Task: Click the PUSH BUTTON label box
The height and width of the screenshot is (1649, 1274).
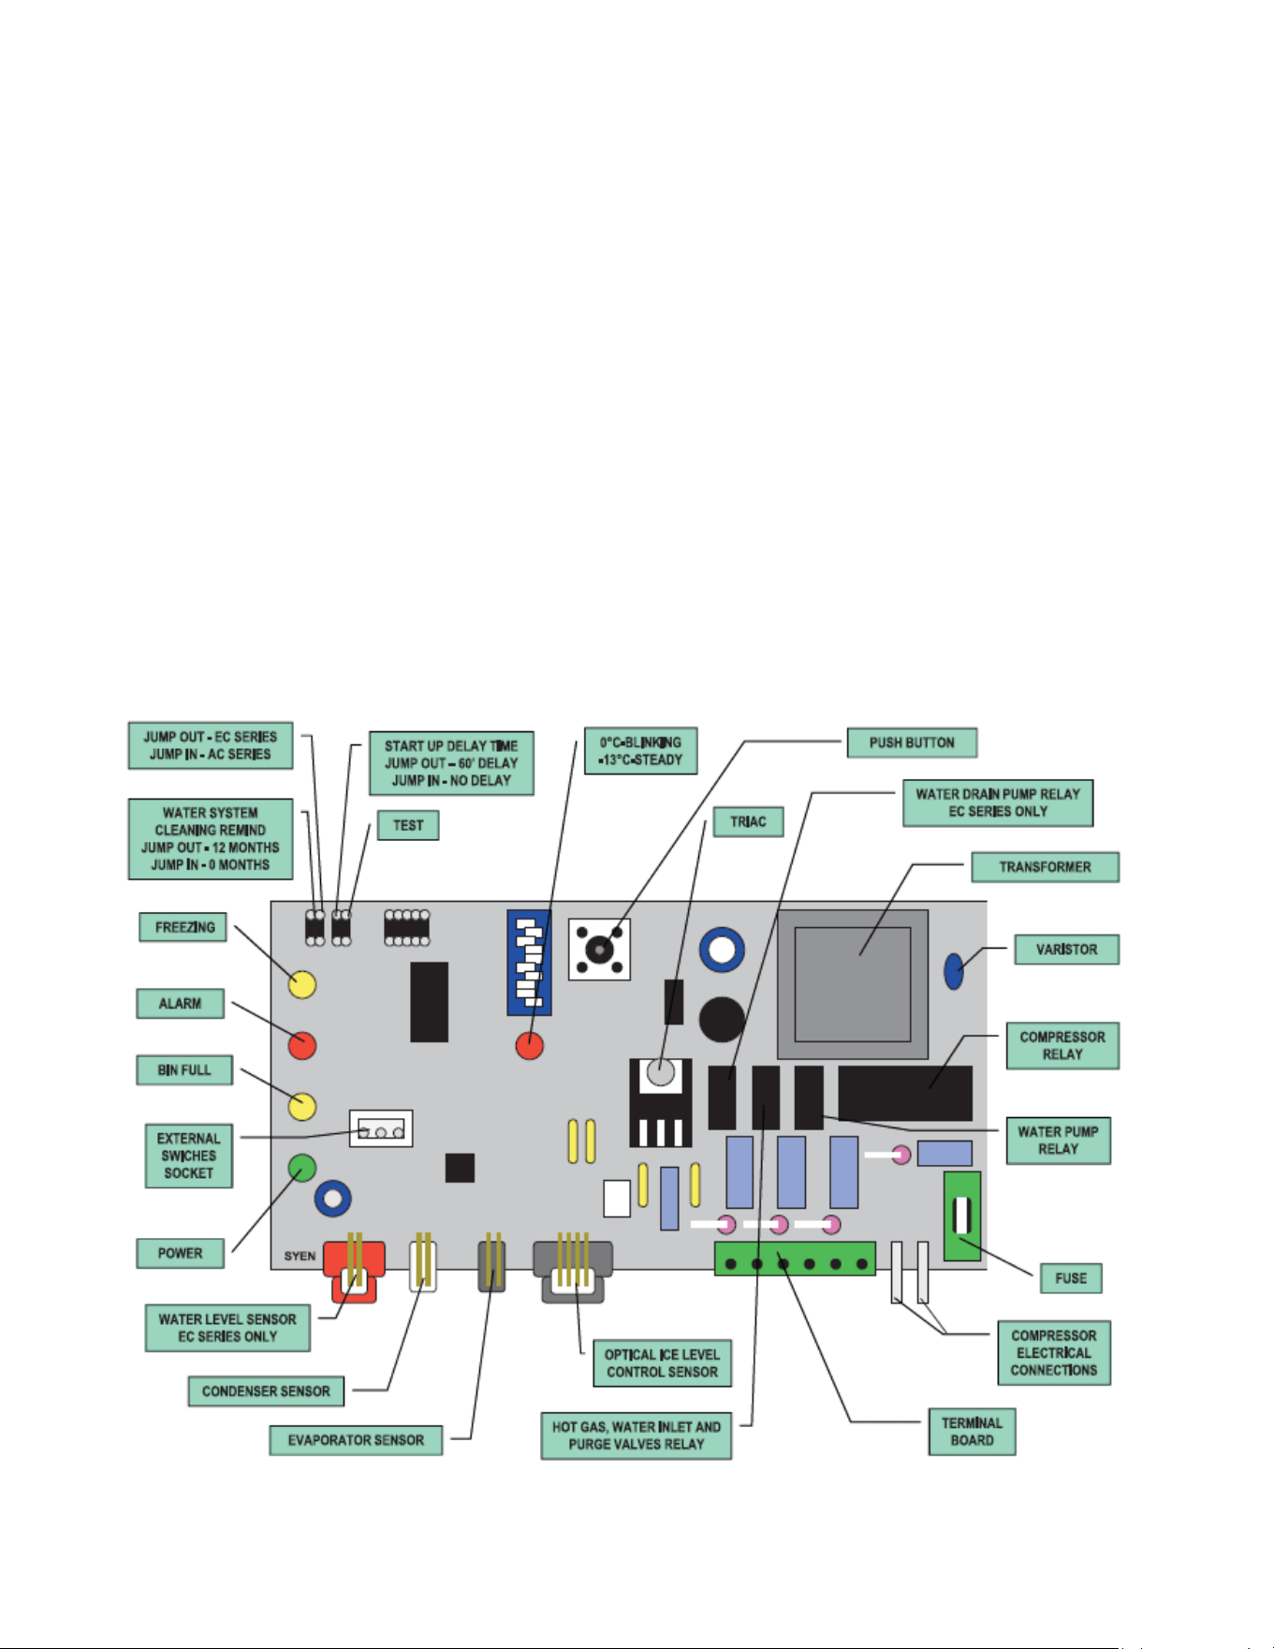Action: (x=912, y=743)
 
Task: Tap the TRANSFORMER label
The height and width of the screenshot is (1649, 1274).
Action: (x=1045, y=867)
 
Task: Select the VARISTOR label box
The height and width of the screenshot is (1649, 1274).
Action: (x=1067, y=950)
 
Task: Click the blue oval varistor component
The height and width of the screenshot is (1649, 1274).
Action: (x=954, y=971)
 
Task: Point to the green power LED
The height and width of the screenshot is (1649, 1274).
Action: (x=301, y=1168)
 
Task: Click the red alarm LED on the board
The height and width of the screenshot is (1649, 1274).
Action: (x=301, y=1045)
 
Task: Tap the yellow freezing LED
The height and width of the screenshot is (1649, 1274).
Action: (x=301, y=984)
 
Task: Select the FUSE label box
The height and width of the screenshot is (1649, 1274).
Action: (x=1071, y=1278)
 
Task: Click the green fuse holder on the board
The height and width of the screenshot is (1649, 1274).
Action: (x=962, y=1215)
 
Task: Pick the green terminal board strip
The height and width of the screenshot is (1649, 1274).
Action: (x=795, y=1259)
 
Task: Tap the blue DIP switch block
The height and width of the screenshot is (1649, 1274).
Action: (x=529, y=963)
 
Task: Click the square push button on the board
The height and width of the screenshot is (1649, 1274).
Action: (x=599, y=950)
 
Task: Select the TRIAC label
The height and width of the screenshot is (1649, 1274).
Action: (x=748, y=822)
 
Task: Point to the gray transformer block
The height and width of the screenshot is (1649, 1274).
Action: (x=853, y=984)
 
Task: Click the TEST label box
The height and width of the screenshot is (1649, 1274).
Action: (x=408, y=825)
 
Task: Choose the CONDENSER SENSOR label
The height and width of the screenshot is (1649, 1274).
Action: (x=266, y=1391)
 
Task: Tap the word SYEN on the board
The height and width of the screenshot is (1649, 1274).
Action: (x=300, y=1256)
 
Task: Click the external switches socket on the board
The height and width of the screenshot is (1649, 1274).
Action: (x=381, y=1129)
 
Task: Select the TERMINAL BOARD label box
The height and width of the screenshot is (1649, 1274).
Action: (x=972, y=1432)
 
